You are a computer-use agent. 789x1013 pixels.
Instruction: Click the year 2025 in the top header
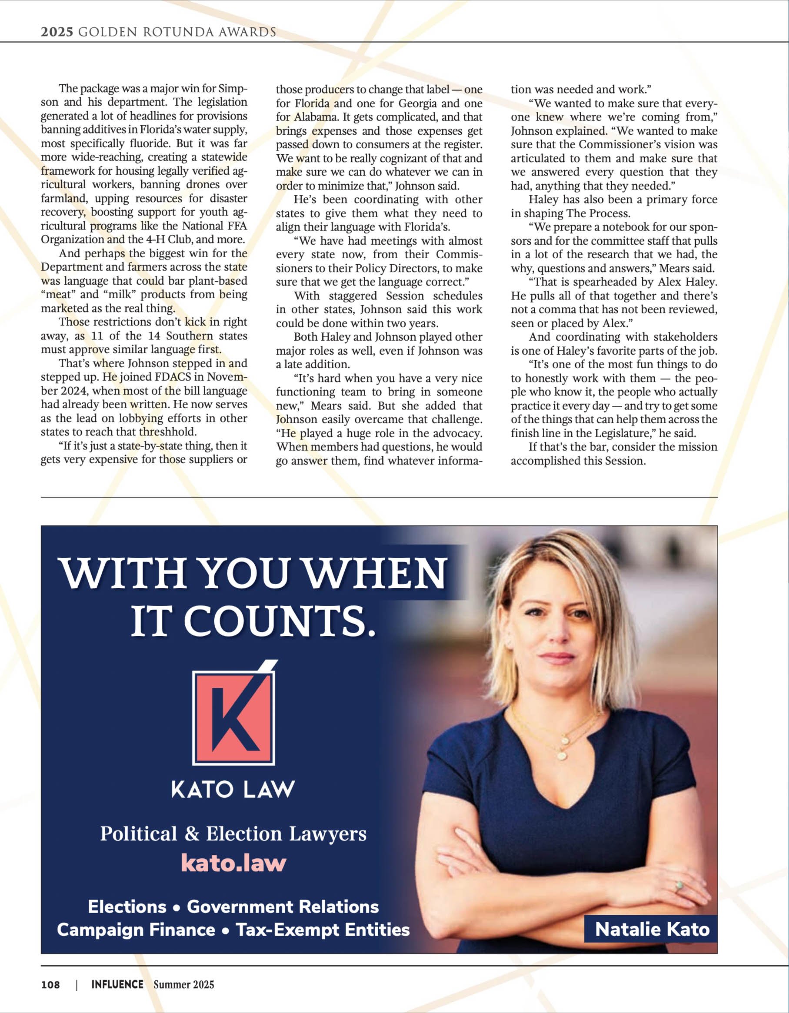pos(57,32)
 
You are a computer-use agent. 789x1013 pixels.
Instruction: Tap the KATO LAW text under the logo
pos(233,790)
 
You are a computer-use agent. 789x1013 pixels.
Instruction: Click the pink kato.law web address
pos(233,862)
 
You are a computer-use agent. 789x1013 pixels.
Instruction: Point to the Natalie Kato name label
pos(652,929)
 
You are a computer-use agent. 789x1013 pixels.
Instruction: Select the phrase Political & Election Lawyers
pos(233,834)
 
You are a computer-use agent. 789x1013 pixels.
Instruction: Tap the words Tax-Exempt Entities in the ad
pos(323,929)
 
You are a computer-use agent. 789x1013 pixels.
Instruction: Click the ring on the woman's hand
pos(679,885)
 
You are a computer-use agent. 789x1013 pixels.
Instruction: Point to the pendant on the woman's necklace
pos(562,756)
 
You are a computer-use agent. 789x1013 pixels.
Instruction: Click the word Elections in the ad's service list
pos(127,907)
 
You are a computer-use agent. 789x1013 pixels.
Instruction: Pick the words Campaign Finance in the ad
pos(136,929)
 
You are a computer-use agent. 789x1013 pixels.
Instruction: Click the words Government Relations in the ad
pos(283,907)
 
